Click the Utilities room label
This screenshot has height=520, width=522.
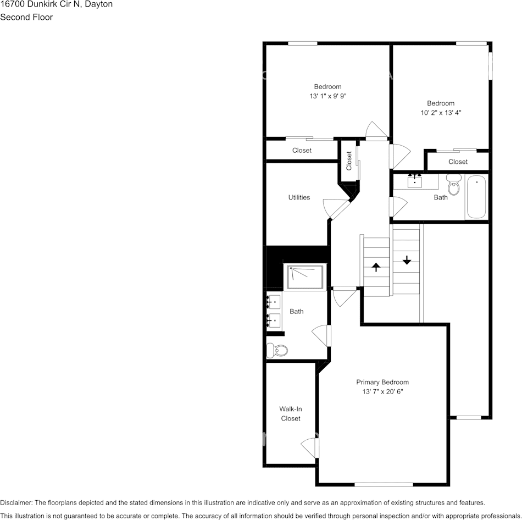(299, 197)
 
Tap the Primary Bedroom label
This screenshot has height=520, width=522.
(382, 382)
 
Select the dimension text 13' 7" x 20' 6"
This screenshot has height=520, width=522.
(382, 392)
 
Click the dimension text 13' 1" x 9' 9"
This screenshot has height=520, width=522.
(327, 96)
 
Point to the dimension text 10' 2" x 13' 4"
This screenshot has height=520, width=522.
(441, 113)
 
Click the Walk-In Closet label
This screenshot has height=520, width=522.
(291, 413)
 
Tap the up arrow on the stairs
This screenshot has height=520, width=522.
(376, 267)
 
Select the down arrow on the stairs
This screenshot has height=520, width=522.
(407, 260)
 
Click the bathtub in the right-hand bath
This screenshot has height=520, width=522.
(476, 197)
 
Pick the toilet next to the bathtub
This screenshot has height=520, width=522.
(454, 186)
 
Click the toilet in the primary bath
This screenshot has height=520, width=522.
(277, 350)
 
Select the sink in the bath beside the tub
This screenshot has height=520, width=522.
(415, 181)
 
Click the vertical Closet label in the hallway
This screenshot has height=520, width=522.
(349, 161)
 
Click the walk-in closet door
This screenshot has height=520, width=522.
(311, 447)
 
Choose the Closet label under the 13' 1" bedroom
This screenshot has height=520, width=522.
(302, 150)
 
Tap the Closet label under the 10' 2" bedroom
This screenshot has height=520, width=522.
(458, 162)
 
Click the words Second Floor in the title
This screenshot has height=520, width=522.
(26, 17)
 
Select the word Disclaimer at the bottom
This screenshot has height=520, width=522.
(16, 502)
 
